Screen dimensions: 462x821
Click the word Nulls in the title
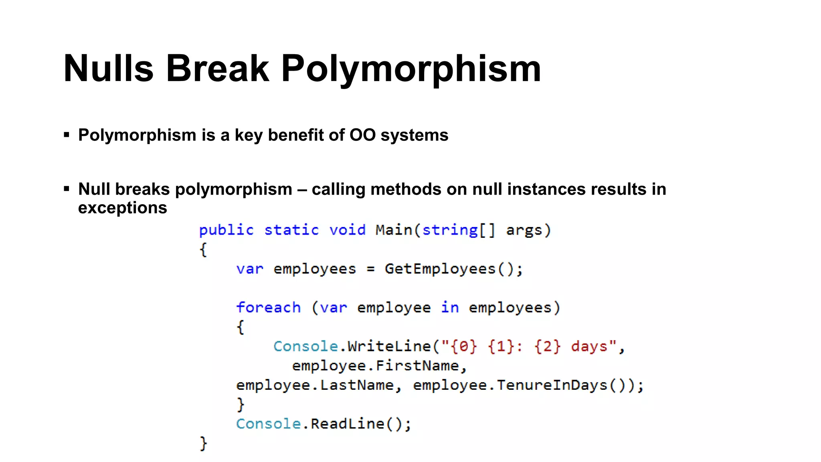click(x=108, y=69)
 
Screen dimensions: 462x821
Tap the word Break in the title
click(x=217, y=69)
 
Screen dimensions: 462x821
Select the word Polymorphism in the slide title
click(x=411, y=69)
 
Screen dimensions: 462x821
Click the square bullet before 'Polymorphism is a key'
click(x=67, y=135)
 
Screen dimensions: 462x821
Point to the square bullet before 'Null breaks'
click(x=67, y=188)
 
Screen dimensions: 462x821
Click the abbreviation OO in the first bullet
click(x=362, y=135)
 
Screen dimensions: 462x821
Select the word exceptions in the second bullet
click(x=122, y=208)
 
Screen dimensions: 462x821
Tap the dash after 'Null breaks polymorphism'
click(x=302, y=189)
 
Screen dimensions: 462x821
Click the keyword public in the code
click(x=226, y=230)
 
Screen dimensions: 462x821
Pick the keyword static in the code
click(x=291, y=230)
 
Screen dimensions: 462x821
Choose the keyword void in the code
click(x=347, y=230)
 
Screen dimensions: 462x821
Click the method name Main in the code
click(x=394, y=230)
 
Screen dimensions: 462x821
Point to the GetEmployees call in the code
click(x=440, y=269)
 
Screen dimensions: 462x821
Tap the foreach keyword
click(x=268, y=308)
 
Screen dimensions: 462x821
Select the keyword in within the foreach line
click(x=450, y=308)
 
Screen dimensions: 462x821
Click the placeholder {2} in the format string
click(x=547, y=346)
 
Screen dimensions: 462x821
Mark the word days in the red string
click(x=589, y=346)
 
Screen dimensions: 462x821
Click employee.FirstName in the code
click(x=375, y=366)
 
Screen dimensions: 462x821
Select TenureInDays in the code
click(x=552, y=385)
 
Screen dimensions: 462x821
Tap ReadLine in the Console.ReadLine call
click(x=347, y=424)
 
